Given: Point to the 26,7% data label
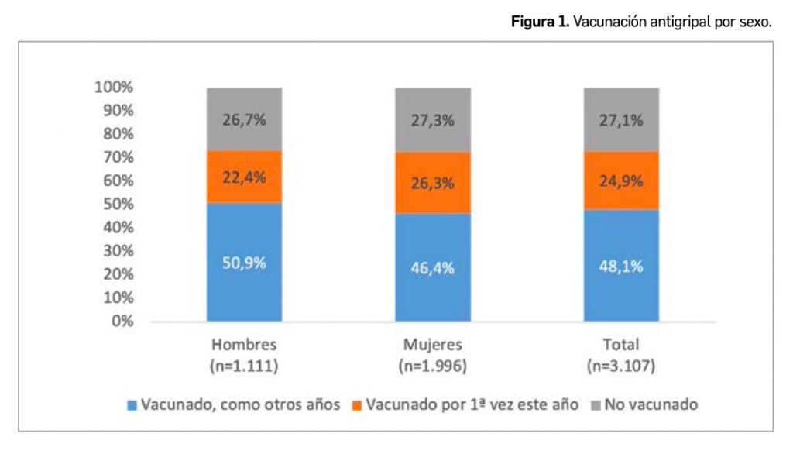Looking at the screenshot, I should [244, 121].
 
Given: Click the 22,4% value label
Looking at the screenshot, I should [244, 177].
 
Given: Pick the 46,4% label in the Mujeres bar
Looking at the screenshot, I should [433, 268].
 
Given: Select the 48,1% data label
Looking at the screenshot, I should [621, 266].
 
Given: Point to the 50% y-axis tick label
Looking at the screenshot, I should [117, 205].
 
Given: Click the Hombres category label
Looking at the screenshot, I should [244, 345].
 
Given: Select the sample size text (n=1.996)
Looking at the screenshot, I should [433, 365].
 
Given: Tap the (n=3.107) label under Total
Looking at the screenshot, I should [621, 365].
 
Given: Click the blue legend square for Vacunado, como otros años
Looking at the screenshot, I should [132, 405].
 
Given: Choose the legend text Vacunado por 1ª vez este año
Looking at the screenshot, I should [472, 405].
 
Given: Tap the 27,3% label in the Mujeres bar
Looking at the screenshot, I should [433, 121].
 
